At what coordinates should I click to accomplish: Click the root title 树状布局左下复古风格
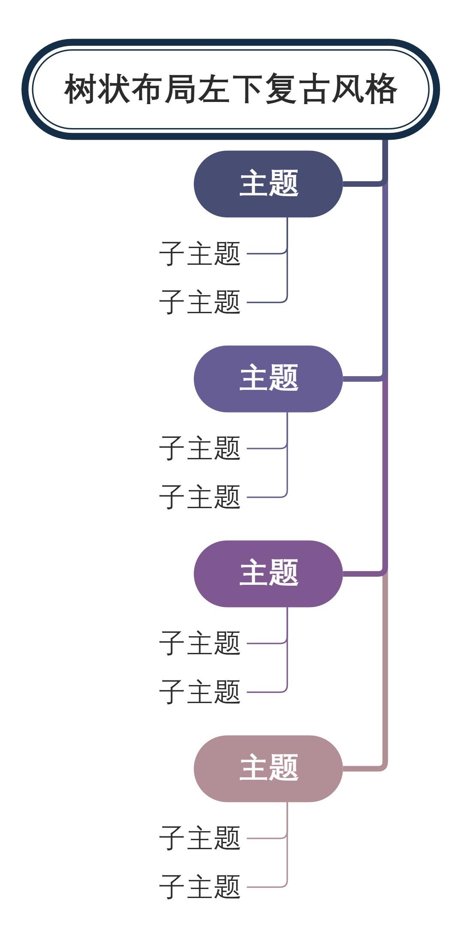click(x=230, y=89)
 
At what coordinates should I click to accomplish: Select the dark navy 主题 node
click(x=268, y=184)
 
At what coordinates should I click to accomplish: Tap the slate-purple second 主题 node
click(x=268, y=379)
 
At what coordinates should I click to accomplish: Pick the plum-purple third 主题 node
click(x=268, y=574)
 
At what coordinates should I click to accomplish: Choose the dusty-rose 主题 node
click(x=268, y=769)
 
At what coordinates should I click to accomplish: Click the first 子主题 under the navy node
click(x=199, y=253)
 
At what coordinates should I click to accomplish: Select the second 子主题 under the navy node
click(x=199, y=302)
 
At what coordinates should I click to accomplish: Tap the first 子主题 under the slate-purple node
click(x=199, y=448)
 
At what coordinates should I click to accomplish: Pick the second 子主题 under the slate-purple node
click(x=199, y=497)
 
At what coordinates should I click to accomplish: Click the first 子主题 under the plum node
click(x=199, y=643)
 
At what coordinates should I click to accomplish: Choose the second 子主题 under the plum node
click(x=199, y=692)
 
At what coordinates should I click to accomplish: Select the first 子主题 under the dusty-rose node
click(x=199, y=838)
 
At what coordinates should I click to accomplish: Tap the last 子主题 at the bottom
click(x=199, y=887)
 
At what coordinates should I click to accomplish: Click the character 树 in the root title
click(x=80, y=89)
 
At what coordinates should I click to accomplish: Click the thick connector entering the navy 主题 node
click(x=362, y=184)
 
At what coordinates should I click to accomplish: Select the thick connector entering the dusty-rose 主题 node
click(x=362, y=769)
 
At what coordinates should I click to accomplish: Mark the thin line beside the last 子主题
click(x=266, y=887)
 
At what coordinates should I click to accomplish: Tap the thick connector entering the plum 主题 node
click(x=362, y=574)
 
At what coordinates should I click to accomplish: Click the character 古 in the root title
click(x=314, y=89)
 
